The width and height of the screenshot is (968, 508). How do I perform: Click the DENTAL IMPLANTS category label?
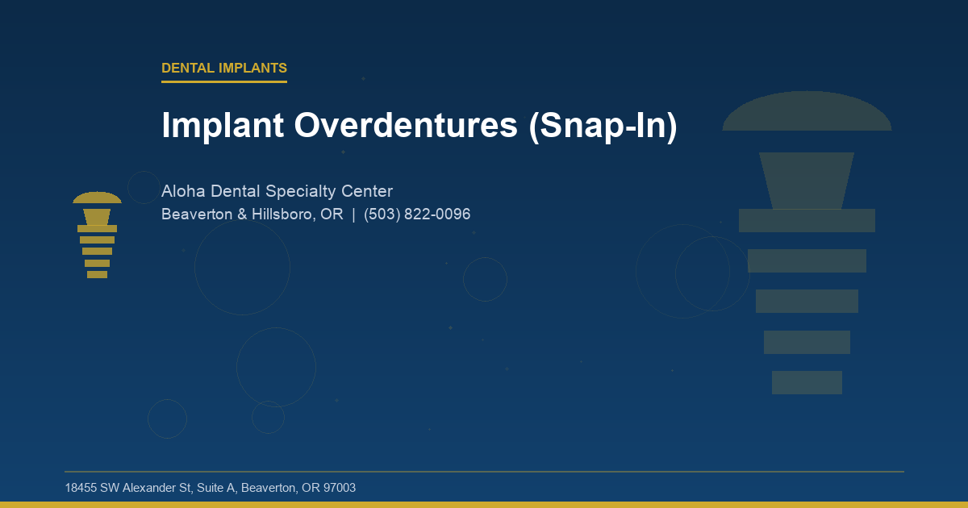224,69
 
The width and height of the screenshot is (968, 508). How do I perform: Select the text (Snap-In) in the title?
603,126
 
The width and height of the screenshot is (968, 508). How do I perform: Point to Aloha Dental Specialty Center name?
277,192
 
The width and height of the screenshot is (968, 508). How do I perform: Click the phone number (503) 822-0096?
417,214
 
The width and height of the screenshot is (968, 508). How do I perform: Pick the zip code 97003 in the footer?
340,488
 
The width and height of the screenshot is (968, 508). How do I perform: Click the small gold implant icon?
97,235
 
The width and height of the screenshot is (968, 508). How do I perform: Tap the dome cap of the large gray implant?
807,113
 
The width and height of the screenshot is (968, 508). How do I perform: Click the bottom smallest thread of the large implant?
807,382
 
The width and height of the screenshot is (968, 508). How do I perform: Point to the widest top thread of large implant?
807,220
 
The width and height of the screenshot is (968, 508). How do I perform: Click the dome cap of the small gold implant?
97,198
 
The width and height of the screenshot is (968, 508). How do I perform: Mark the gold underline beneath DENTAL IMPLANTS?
224,81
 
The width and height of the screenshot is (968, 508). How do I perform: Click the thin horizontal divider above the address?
484,472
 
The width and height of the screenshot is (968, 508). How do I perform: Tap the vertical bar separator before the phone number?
353,214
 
